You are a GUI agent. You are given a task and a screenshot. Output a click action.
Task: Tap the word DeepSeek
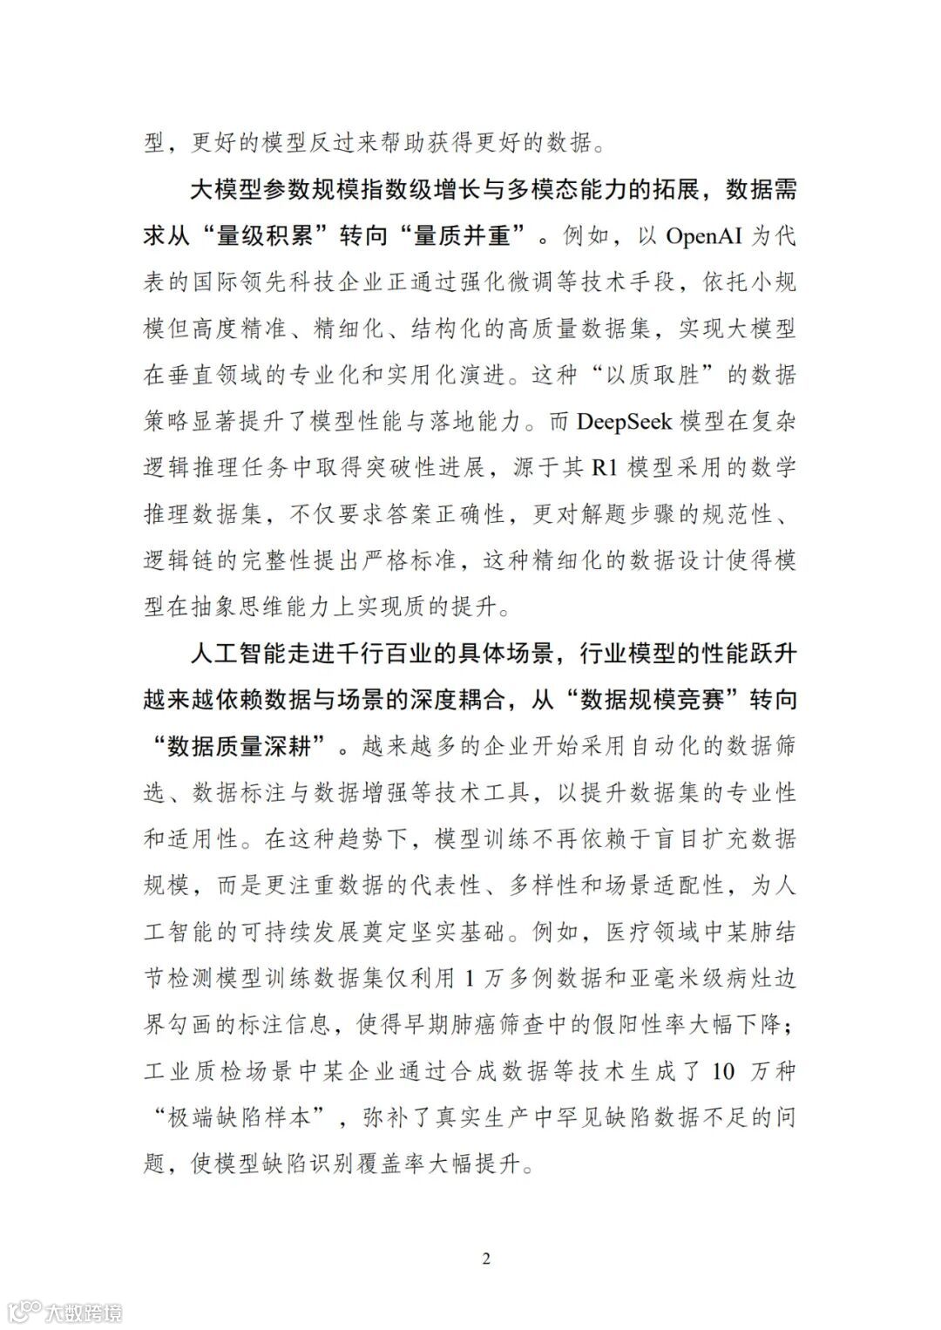(625, 422)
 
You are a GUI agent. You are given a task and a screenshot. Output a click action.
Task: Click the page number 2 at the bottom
(486, 1259)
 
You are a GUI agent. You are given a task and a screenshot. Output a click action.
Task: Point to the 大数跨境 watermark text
(85, 1311)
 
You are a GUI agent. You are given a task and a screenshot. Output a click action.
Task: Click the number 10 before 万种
(723, 1070)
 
